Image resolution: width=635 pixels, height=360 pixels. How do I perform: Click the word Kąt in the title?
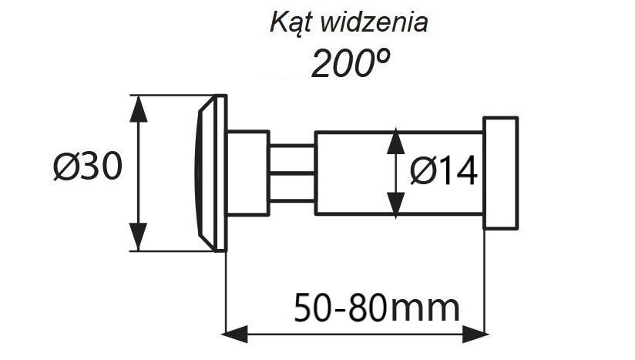tap(291, 22)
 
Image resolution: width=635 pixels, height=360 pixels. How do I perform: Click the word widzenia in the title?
tap(374, 22)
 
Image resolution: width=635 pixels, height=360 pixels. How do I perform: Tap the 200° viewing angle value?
tap(351, 62)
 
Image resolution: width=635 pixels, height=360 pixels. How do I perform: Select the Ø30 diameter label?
tap(88, 167)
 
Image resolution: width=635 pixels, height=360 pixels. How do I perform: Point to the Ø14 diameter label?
tap(443, 172)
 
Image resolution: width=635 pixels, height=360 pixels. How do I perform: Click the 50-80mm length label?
tap(377, 308)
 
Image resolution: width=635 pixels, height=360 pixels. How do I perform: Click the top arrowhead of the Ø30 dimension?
tap(139, 109)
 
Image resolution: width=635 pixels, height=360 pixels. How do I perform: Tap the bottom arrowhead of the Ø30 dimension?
tap(139, 237)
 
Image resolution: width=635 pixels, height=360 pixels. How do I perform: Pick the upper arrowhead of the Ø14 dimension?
tap(395, 142)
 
